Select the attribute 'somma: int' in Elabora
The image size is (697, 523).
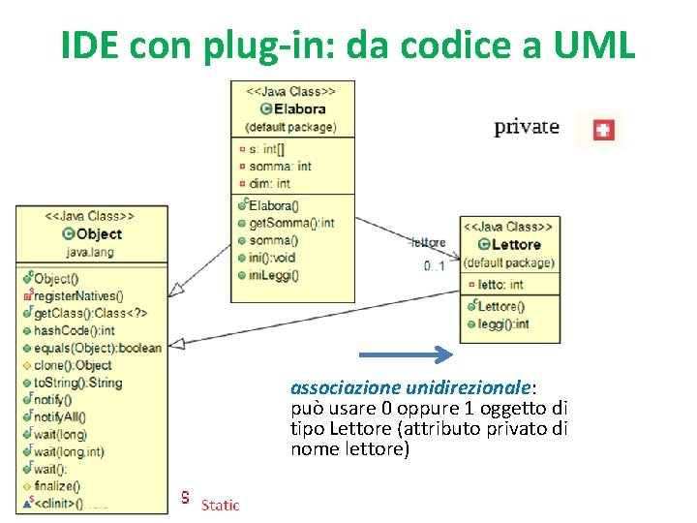pos(280,167)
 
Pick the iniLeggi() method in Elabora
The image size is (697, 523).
pos(274,274)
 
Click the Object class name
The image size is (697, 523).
pos(98,233)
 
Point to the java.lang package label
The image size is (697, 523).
pos(90,252)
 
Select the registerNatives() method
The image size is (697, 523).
pos(84,295)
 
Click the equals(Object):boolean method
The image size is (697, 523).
pos(97,348)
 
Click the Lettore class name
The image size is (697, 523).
pos(515,244)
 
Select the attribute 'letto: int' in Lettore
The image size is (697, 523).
pos(500,285)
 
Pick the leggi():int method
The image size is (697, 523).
pos(503,324)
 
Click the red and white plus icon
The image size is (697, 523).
pos(602,130)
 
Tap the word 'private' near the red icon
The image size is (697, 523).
pos(527,127)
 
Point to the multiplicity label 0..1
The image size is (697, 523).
pos(434,265)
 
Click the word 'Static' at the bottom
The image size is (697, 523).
pos(219,505)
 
